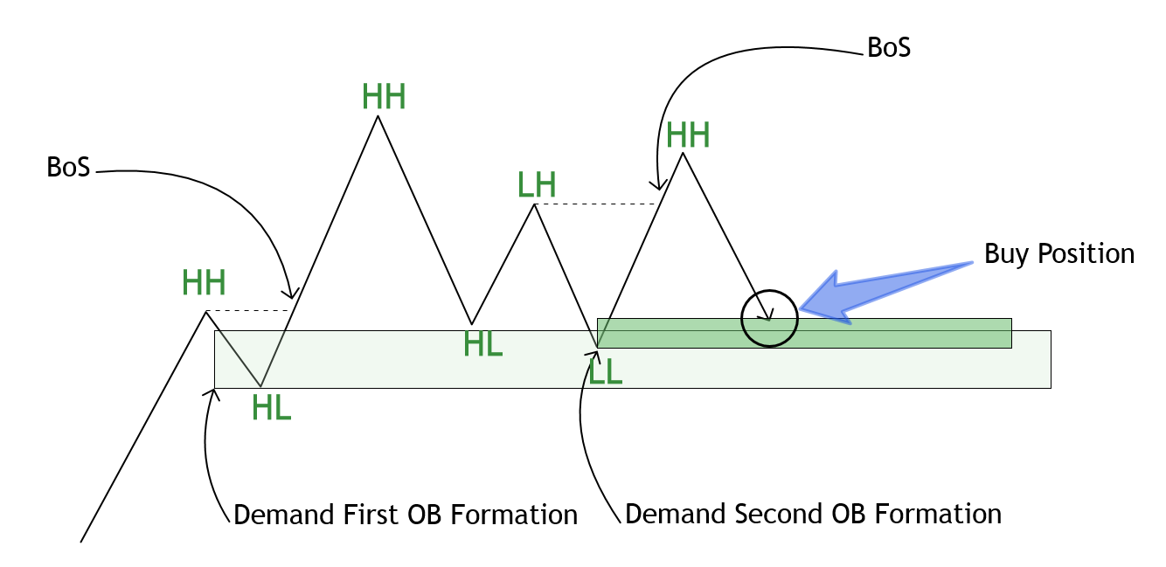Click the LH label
click(x=536, y=184)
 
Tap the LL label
click(x=606, y=371)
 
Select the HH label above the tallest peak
click(x=384, y=97)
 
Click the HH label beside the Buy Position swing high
click(x=688, y=135)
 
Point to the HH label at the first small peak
click(x=204, y=283)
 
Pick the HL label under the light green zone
click(x=271, y=407)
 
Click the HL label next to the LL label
click(x=483, y=345)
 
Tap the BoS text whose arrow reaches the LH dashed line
click(x=888, y=47)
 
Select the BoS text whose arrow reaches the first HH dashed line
click(x=68, y=167)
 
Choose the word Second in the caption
click(x=774, y=513)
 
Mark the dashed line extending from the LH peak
click(x=594, y=204)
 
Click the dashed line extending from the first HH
click(x=248, y=310)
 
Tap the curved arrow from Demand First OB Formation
click(x=207, y=446)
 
